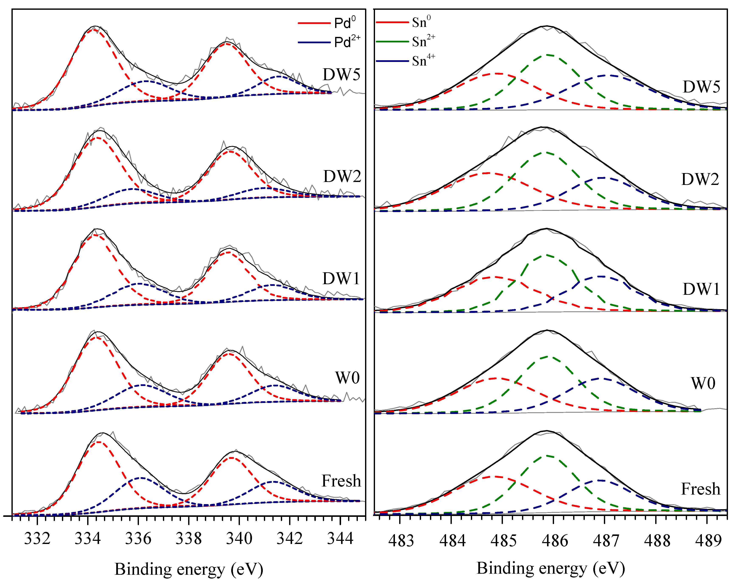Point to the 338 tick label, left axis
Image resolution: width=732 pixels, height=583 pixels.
tap(188, 538)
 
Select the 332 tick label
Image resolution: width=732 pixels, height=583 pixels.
tap(37, 538)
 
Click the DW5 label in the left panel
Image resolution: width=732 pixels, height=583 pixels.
tap(341, 75)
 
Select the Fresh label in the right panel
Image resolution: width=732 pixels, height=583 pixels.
tap(700, 489)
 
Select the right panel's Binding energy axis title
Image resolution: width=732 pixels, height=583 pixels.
tap(551, 568)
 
